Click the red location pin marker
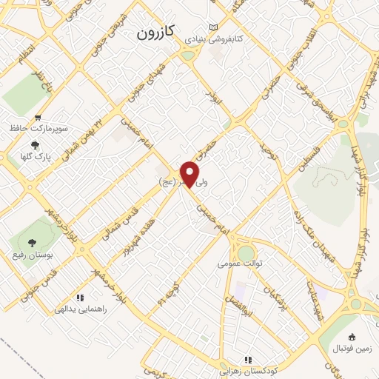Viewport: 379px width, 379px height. pyautogui.click(x=190, y=174)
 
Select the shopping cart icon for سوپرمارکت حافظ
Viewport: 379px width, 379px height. pyautogui.click(x=36, y=118)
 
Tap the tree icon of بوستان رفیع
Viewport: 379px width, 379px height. pyautogui.click(x=31, y=242)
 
